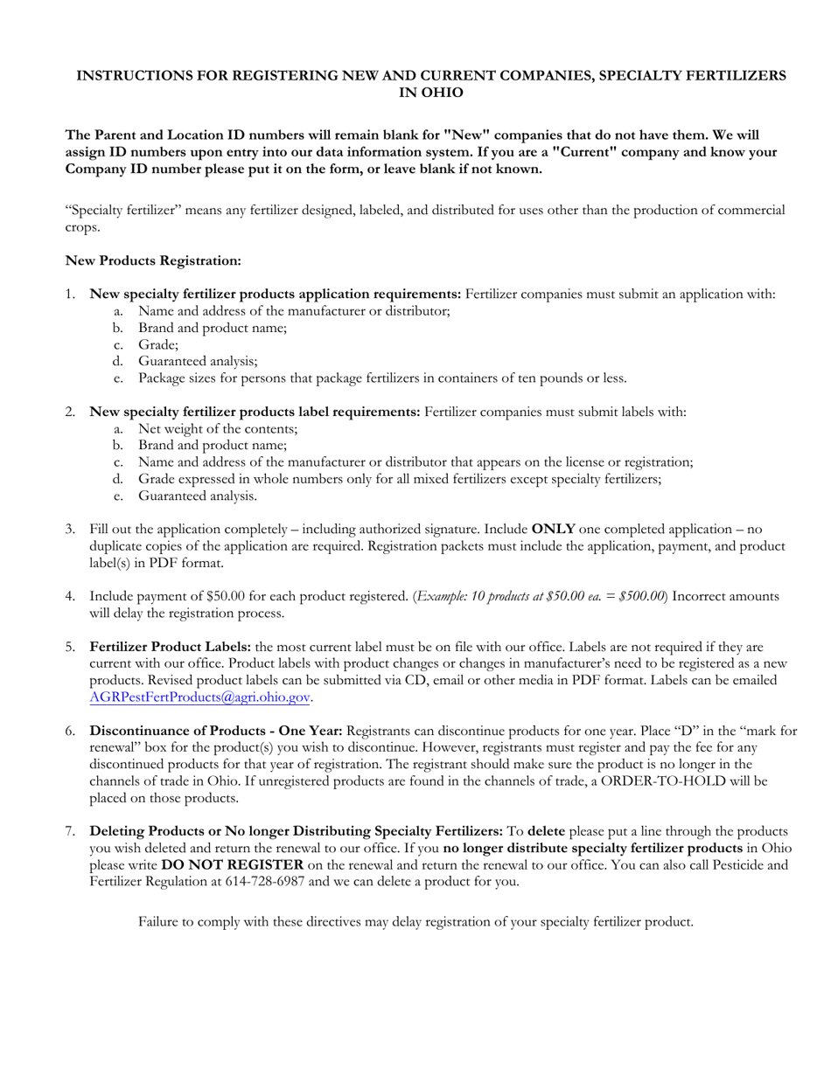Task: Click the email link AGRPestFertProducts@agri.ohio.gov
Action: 200,698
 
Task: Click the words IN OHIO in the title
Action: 431,93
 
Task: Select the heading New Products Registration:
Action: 153,260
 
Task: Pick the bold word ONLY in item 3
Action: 553,529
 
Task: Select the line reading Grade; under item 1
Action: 157,344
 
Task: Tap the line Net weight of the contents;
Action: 218,428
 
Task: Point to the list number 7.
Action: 70,831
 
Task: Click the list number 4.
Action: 70,596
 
